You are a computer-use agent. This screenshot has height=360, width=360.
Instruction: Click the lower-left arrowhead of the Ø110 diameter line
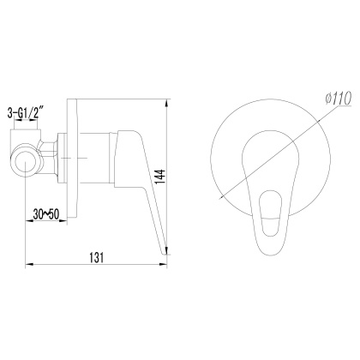(x=219, y=198)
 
